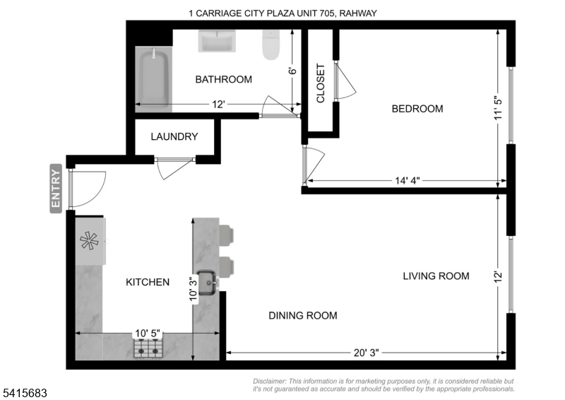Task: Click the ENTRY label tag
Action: point(56,187)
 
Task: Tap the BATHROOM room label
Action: point(223,79)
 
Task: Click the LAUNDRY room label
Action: point(174,137)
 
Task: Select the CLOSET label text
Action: point(321,83)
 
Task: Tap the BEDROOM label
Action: point(417,109)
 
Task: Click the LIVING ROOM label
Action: point(436,276)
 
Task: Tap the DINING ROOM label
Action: point(302,315)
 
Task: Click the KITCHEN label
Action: point(148,282)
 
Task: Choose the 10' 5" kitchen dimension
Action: point(148,334)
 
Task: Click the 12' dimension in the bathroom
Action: point(219,105)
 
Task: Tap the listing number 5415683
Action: point(25,389)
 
